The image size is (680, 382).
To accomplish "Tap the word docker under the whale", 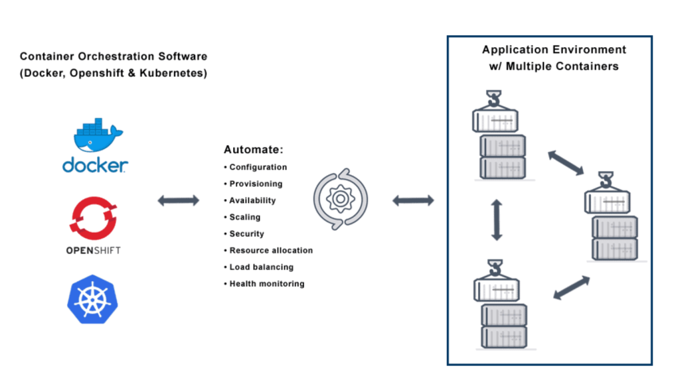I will [95, 164].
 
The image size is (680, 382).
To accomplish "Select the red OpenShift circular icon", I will [94, 216].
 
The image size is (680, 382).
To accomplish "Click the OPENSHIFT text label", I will [94, 251].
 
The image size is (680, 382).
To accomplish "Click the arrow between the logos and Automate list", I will [178, 200].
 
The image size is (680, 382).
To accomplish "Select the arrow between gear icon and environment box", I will [413, 200].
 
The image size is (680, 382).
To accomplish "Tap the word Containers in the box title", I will [590, 66].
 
